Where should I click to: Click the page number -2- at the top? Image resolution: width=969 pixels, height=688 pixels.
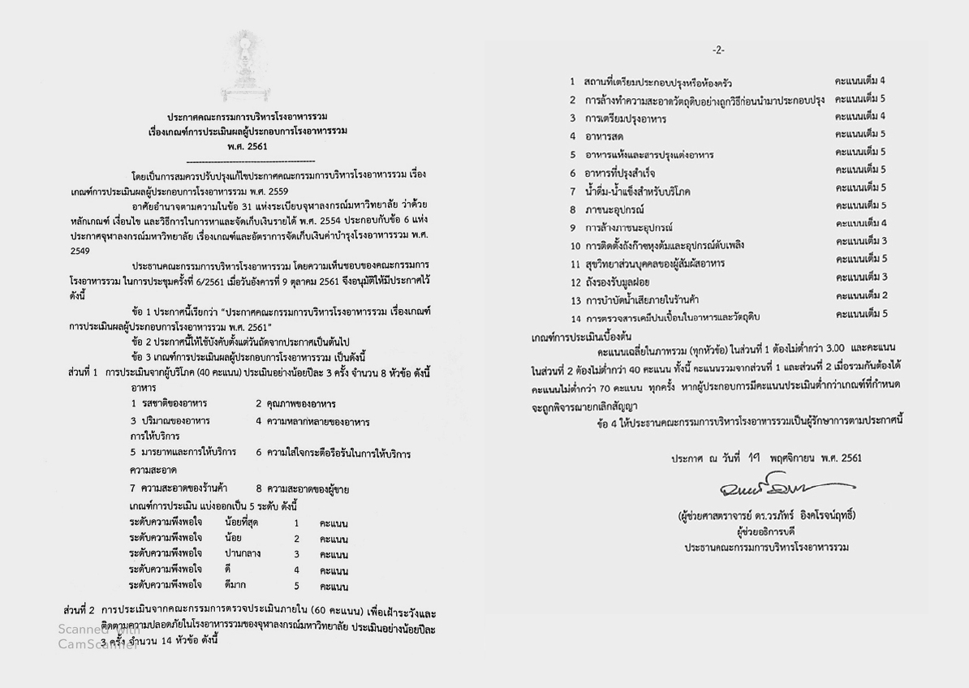tap(719, 50)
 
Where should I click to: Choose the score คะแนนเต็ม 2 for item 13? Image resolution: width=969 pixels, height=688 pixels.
tap(860, 295)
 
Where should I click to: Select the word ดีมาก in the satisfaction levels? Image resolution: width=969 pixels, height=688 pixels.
tap(236, 585)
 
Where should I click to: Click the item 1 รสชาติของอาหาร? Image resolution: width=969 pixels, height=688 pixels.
tap(169, 403)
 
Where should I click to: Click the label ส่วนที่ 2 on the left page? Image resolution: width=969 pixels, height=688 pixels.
tap(79, 608)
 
